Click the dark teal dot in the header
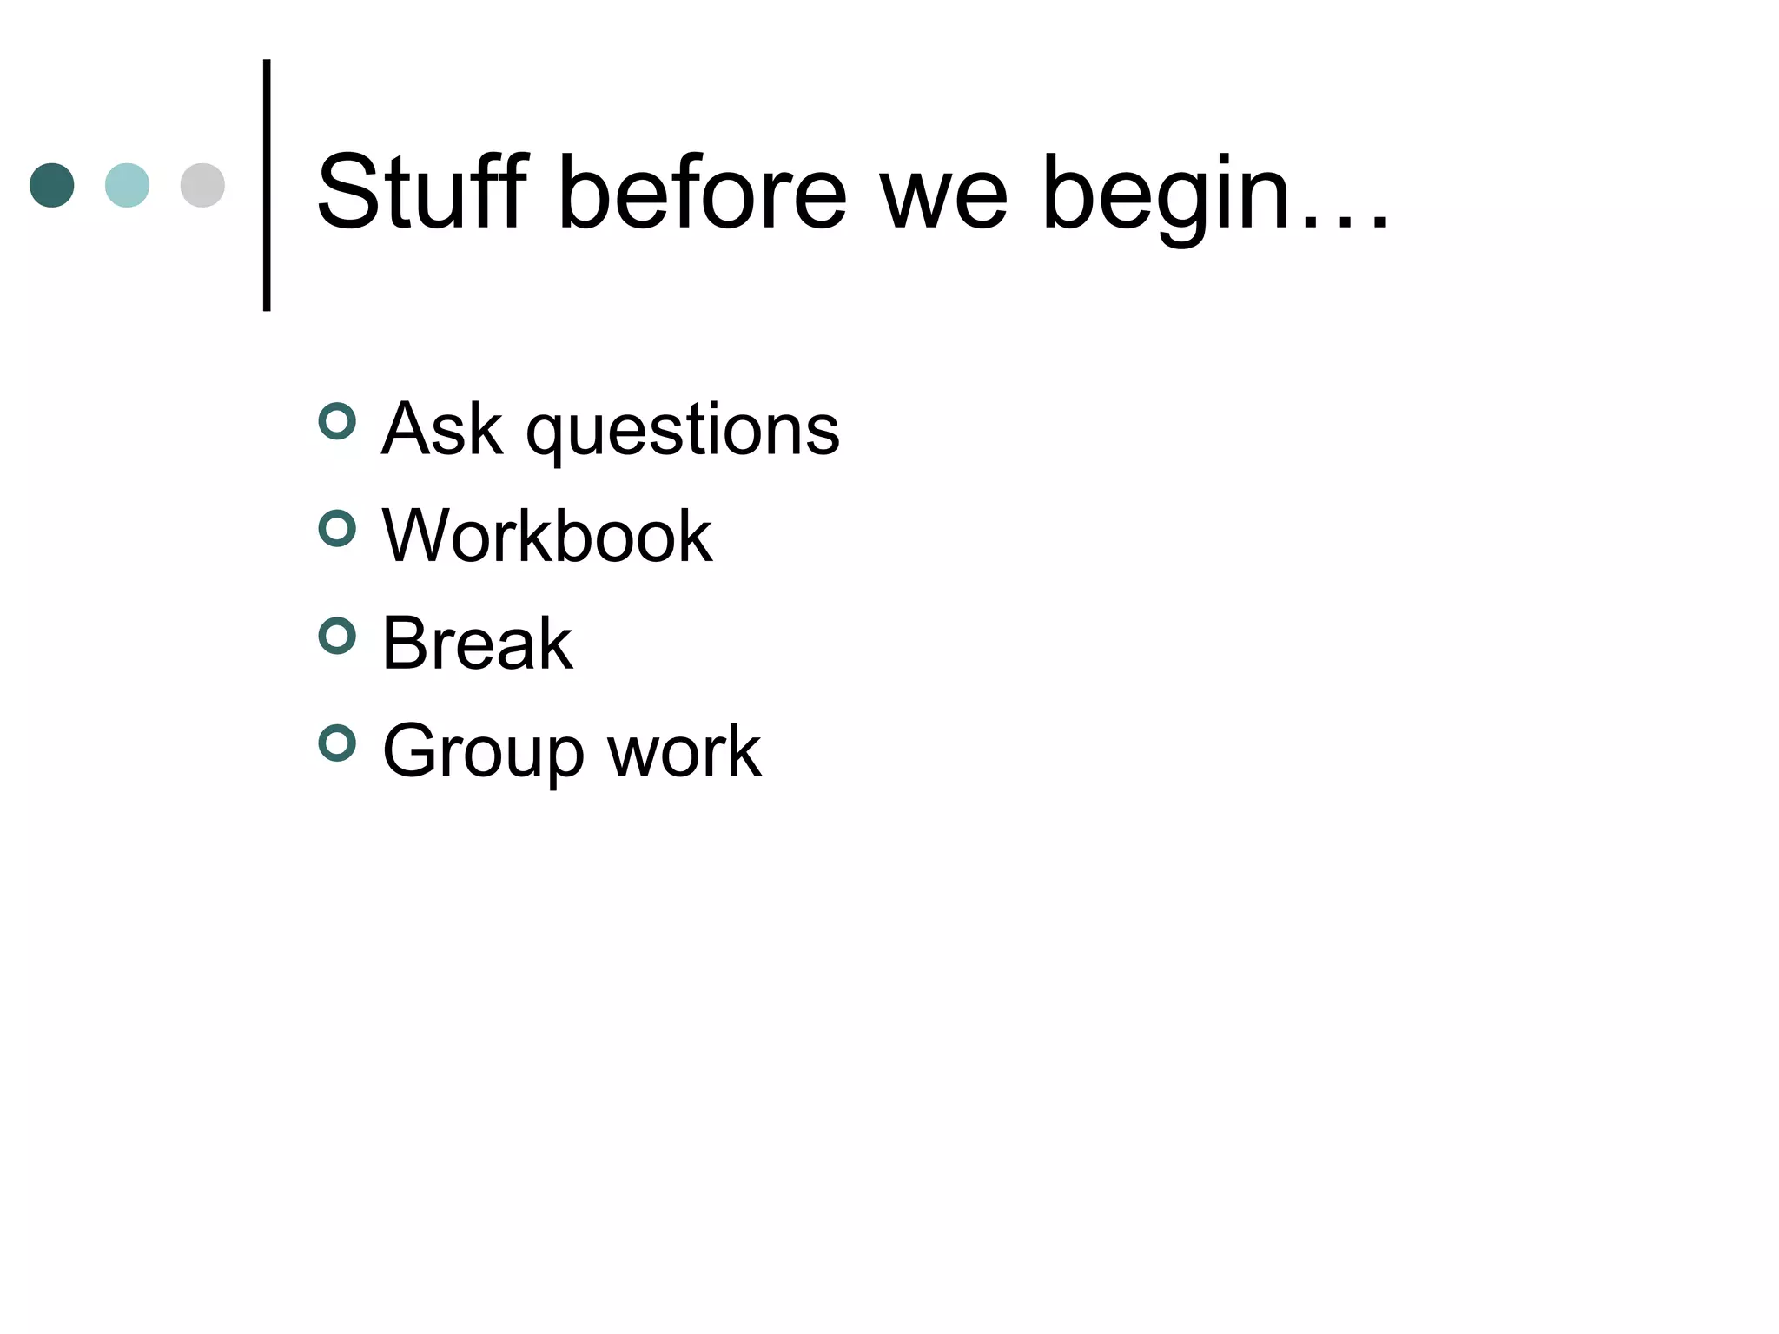pyautogui.click(x=52, y=185)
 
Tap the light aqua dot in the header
pyautogui.click(x=127, y=185)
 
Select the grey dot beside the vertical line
pyautogui.click(x=202, y=185)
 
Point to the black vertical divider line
pyautogui.click(x=267, y=185)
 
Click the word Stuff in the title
pyautogui.click(x=422, y=193)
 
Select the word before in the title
pyautogui.click(x=702, y=193)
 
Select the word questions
pyautogui.click(x=683, y=434)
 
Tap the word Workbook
pyautogui.click(x=547, y=536)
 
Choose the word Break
pyautogui.click(x=477, y=643)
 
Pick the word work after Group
pyautogui.click(x=684, y=750)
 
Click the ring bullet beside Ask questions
pyautogui.click(x=337, y=422)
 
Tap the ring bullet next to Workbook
pyautogui.click(x=337, y=529)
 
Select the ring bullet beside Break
pyautogui.click(x=337, y=637)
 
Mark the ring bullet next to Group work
pyautogui.click(x=337, y=743)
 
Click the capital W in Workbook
pyautogui.click(x=415, y=536)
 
